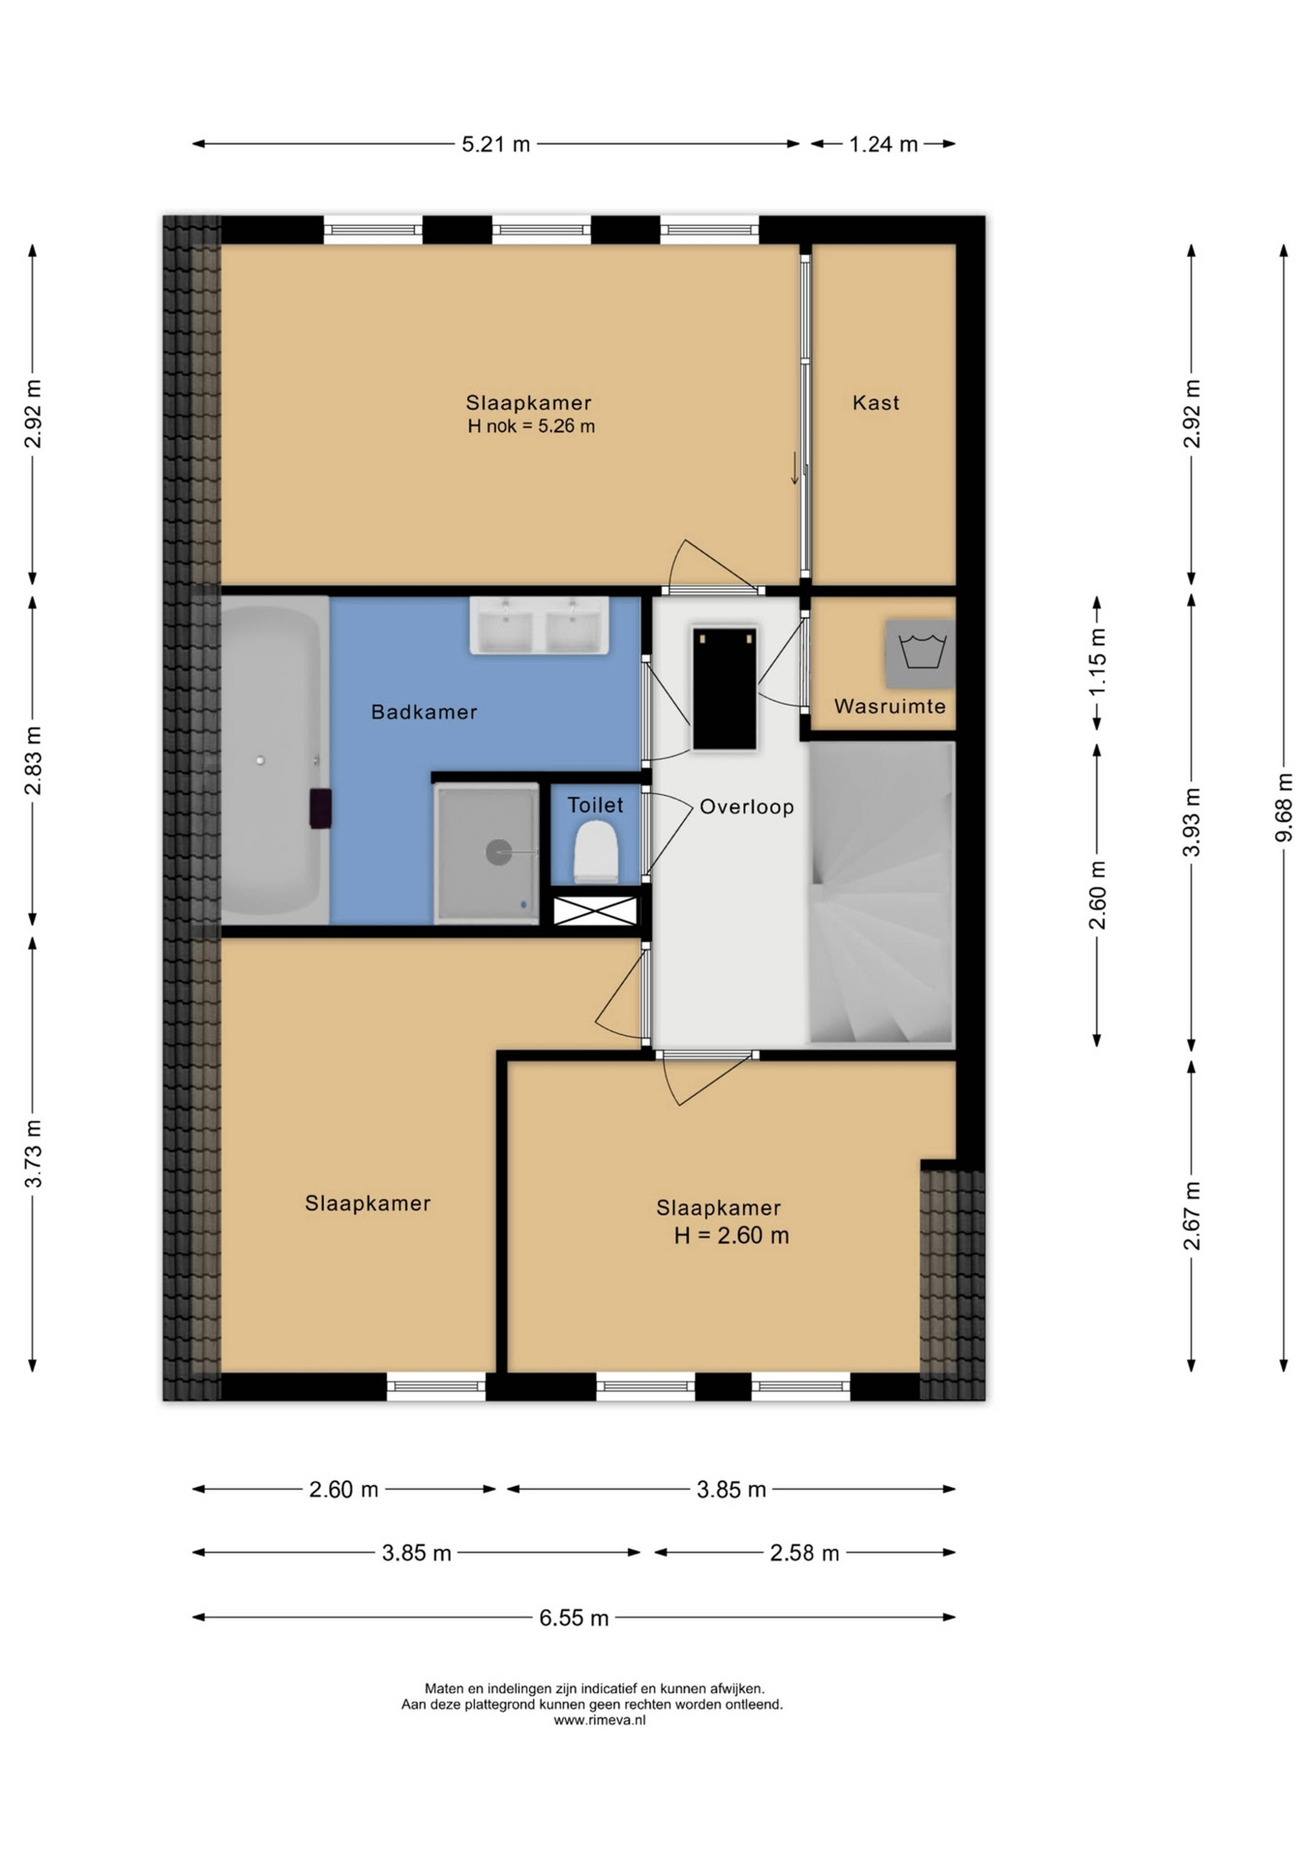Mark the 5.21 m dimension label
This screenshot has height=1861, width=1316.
pos(496,144)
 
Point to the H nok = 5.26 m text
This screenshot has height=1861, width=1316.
pos(531,426)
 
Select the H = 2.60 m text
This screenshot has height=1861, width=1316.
pos(731,1235)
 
